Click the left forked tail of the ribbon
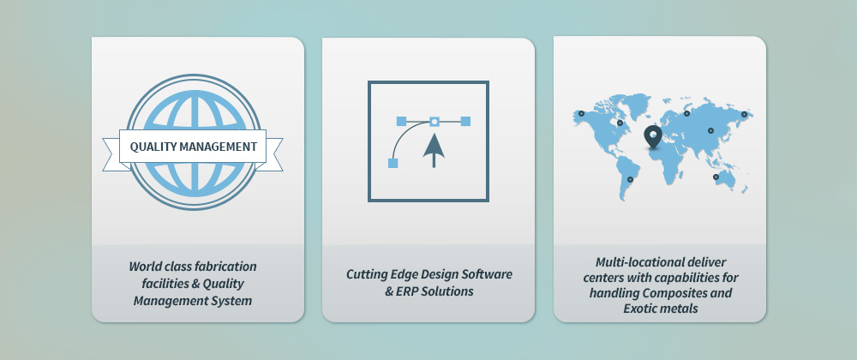pyautogui.click(x=115, y=154)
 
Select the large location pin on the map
pyautogui.click(x=652, y=136)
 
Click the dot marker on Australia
pyautogui.click(x=716, y=177)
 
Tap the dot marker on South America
pyautogui.click(x=630, y=179)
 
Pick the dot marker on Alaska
pyautogui.click(x=582, y=114)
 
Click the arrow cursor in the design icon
pyautogui.click(x=434, y=150)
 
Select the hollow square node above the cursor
pyautogui.click(x=434, y=121)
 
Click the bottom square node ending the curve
pyautogui.click(x=393, y=163)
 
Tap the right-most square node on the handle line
pyautogui.click(x=465, y=121)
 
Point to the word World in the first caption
pyautogui.click(x=144, y=267)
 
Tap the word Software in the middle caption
pyautogui.click(x=488, y=274)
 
